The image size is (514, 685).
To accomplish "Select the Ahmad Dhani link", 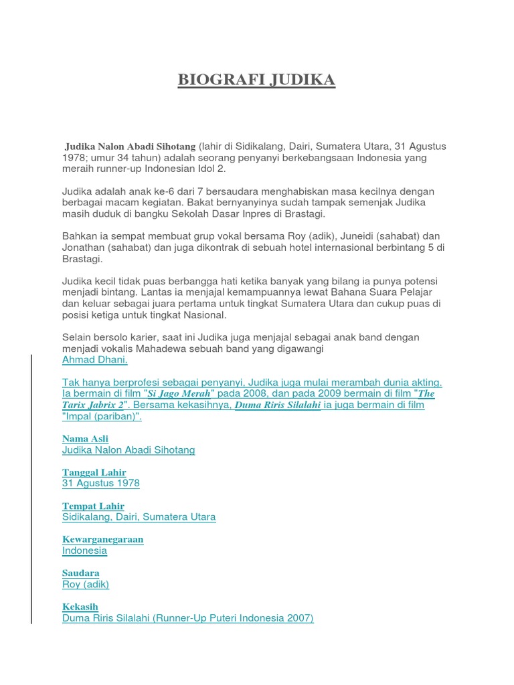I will pos(94,359).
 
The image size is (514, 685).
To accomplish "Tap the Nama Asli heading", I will pos(85,439).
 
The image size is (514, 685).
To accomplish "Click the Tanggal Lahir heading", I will pos(94,472).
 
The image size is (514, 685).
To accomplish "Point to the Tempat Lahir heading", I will pos(93,506).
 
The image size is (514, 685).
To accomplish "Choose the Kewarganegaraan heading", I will pos(103,539).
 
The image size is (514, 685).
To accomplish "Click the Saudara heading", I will pos(81,573).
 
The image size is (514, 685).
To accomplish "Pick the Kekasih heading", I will pos(80,607).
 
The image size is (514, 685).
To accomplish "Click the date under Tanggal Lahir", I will pos(101,483).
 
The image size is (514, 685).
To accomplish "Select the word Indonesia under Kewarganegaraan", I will pos(84,551).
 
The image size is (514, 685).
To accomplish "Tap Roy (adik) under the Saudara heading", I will pos(86,584).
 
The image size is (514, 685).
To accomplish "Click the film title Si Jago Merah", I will pos(179,394).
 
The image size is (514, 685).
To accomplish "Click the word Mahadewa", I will pos(176,349).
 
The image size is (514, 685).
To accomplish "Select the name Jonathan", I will pos(85,248).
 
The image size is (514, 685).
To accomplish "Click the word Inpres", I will pos(259,213).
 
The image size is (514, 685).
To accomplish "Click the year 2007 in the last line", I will pos(298,618).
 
